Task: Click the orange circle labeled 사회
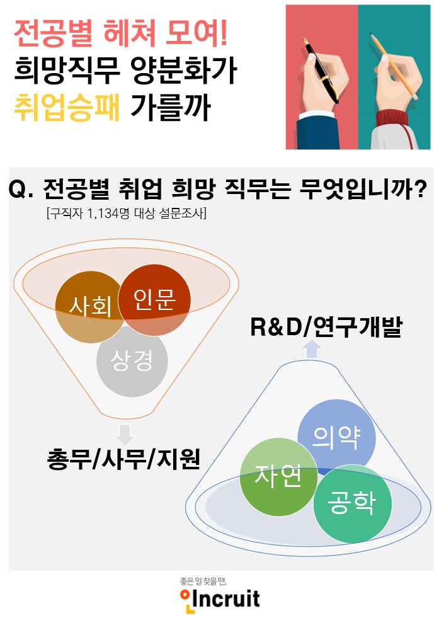[89, 307]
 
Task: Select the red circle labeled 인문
[154, 300]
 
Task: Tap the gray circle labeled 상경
[132, 361]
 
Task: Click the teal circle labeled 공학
[352, 504]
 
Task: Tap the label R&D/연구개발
[326, 328]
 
